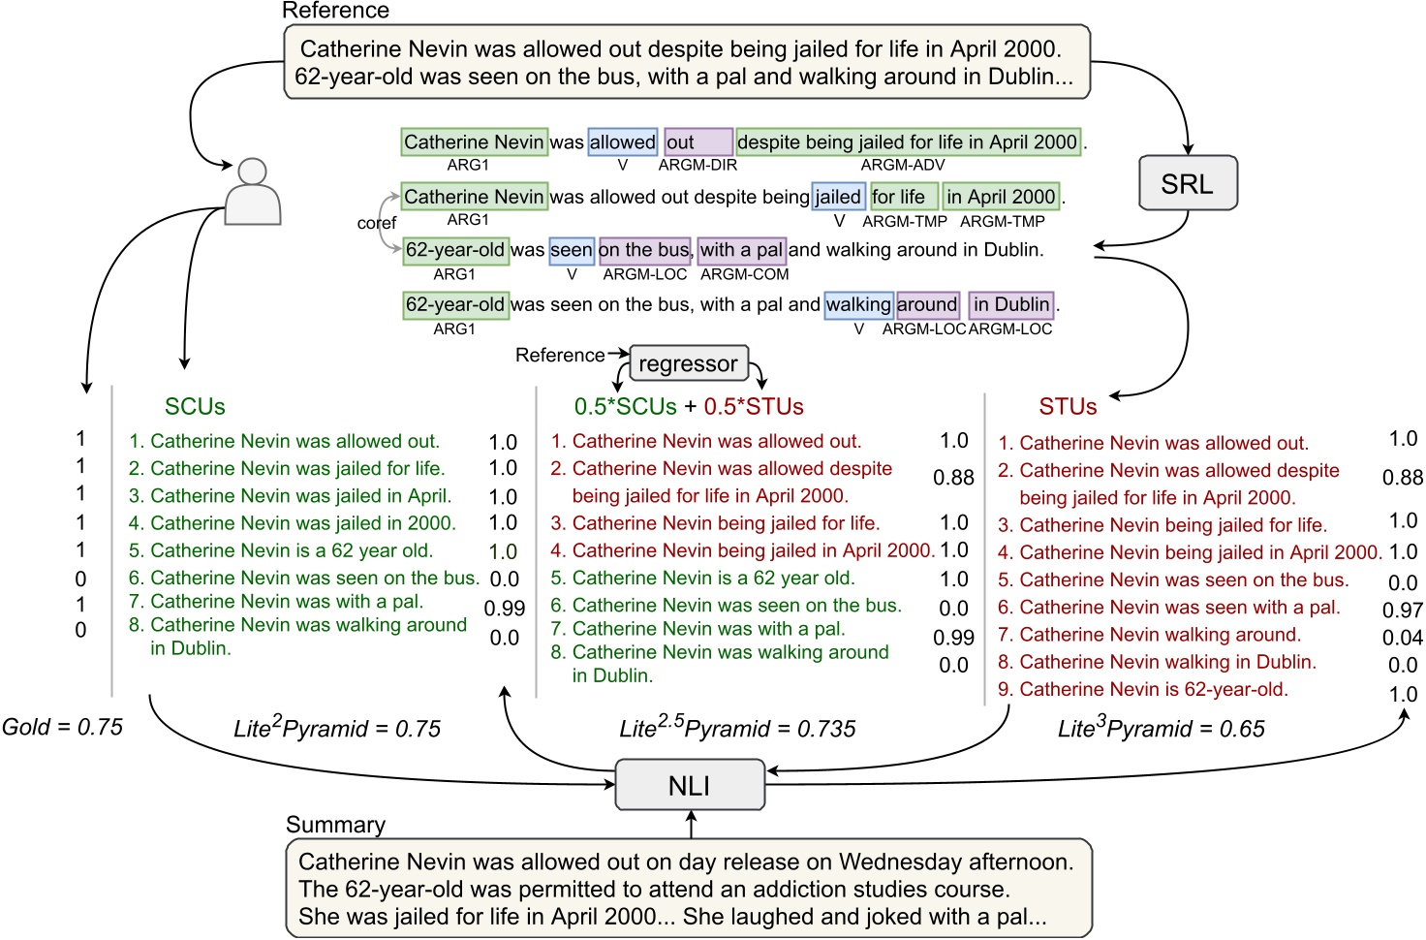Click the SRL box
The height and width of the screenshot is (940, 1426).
point(1188,183)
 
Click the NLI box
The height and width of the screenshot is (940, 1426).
point(690,785)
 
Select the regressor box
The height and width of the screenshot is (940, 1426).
point(688,363)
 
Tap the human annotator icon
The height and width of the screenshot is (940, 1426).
point(253,192)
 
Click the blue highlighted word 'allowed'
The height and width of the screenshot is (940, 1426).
point(622,142)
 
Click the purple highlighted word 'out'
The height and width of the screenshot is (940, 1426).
point(697,142)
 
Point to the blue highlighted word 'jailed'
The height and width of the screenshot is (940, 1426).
point(837,197)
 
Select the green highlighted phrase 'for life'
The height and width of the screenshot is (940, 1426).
point(903,197)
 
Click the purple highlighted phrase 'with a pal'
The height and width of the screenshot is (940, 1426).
point(741,250)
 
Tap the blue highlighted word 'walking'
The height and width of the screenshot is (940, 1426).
point(858,305)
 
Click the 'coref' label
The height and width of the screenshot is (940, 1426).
point(376,224)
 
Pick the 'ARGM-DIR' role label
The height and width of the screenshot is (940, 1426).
point(697,166)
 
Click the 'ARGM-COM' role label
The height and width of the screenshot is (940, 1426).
point(744,275)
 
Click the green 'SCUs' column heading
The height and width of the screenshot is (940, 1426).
point(195,407)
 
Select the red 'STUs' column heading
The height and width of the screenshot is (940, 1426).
point(1068,407)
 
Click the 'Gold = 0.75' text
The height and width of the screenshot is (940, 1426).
point(63,727)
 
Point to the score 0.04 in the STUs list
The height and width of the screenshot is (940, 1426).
point(1402,638)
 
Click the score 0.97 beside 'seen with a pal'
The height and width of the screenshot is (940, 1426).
point(1402,611)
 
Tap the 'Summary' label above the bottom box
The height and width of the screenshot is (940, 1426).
point(335,825)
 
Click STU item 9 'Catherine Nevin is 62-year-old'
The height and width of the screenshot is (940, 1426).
point(1143,690)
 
